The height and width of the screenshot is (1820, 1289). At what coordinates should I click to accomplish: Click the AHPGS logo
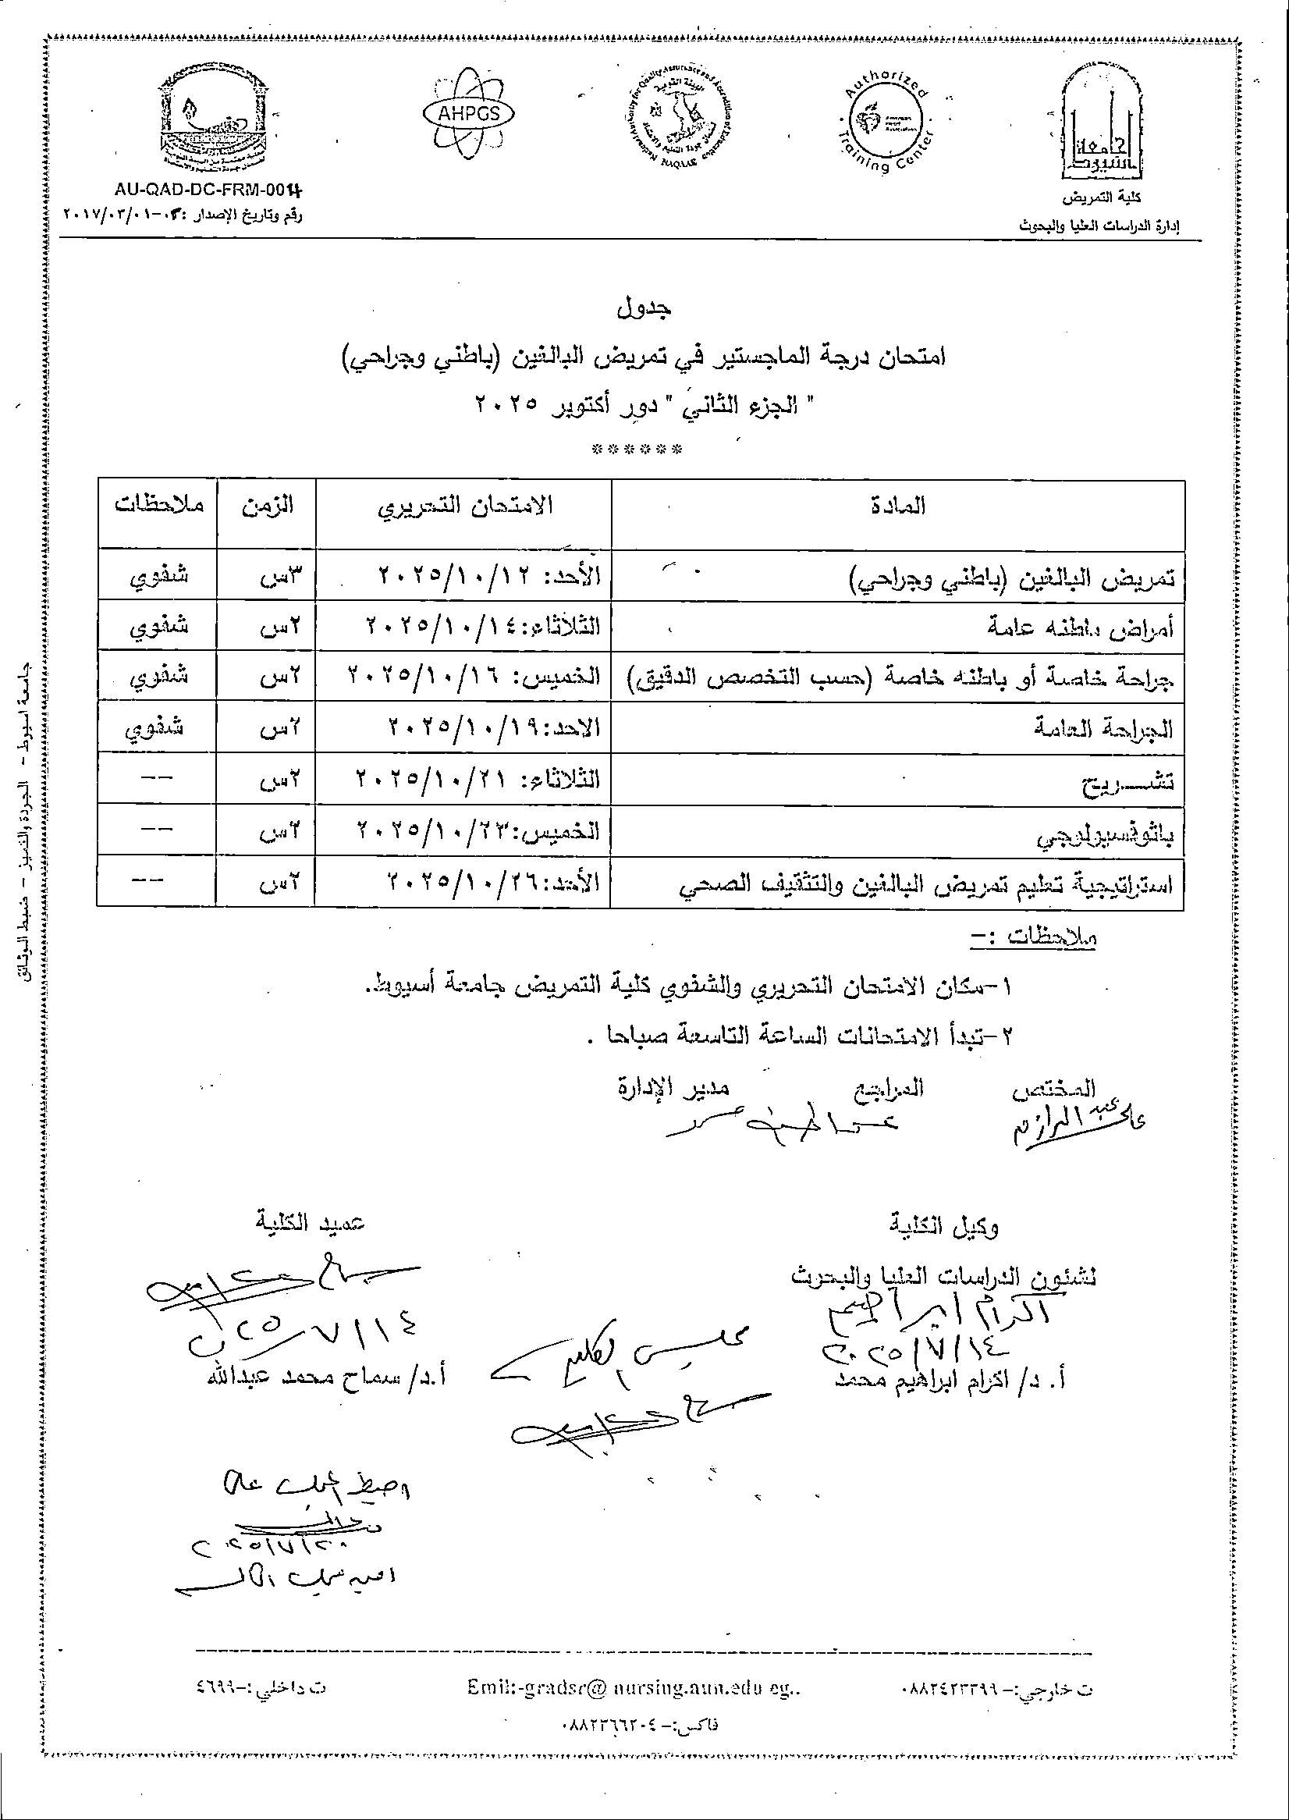[468, 113]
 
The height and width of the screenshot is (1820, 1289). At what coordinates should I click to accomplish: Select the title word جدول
[644, 307]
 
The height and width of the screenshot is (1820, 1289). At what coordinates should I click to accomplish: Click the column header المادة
[904, 506]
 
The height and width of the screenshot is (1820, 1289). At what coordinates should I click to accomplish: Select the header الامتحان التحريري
[464, 506]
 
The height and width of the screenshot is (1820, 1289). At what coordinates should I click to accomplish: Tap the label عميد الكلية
[311, 1224]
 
